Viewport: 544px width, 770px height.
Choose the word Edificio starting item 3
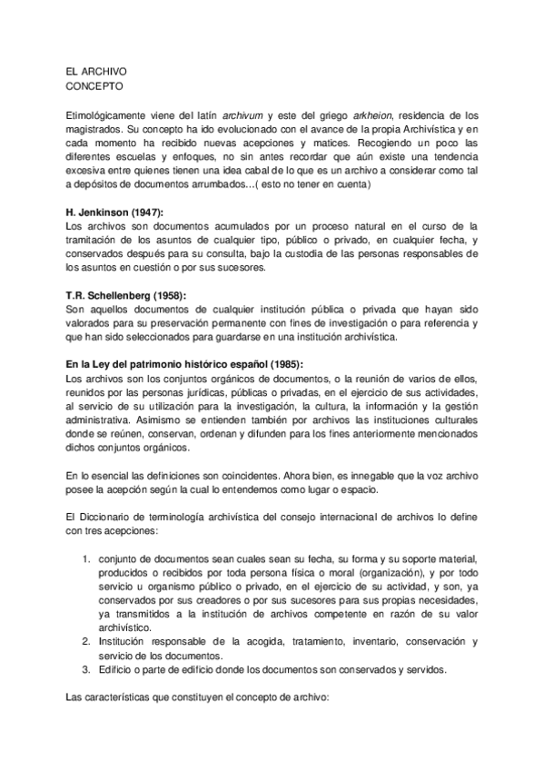(x=118, y=671)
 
